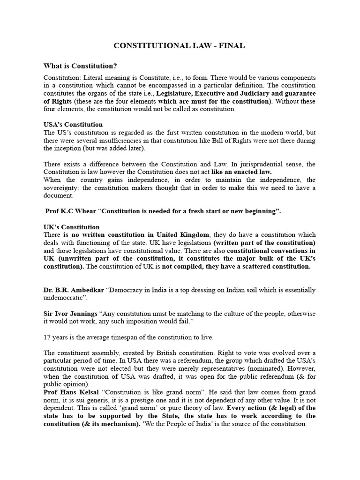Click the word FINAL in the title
click(231, 45)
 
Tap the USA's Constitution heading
click(73, 124)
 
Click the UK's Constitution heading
click(72, 227)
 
